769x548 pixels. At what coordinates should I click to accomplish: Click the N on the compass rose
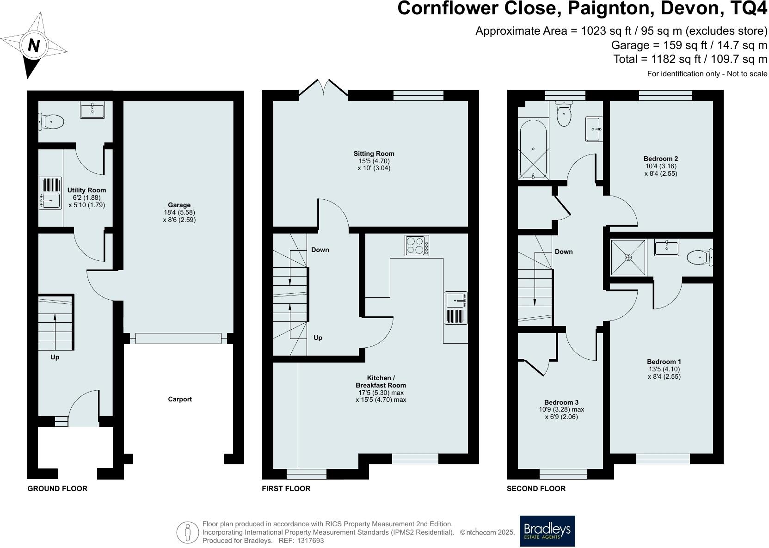click(34, 45)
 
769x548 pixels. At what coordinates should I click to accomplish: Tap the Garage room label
click(179, 205)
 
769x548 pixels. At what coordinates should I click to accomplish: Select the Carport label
click(179, 399)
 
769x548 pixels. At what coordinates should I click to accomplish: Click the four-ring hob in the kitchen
click(417, 246)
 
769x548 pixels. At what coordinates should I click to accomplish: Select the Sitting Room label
click(374, 154)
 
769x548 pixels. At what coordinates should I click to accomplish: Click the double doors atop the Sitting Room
click(323, 88)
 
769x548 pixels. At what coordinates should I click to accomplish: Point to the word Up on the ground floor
click(55, 357)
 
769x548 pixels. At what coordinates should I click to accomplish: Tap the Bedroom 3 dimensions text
click(561, 413)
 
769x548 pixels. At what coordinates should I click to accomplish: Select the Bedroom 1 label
click(664, 362)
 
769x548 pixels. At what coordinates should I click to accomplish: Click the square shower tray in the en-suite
click(628, 257)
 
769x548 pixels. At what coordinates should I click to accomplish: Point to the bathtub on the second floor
click(533, 148)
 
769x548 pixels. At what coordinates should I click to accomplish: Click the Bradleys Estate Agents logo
click(547, 531)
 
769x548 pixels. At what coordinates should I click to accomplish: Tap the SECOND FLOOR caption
click(536, 488)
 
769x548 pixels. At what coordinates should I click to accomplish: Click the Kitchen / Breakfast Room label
click(381, 382)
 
